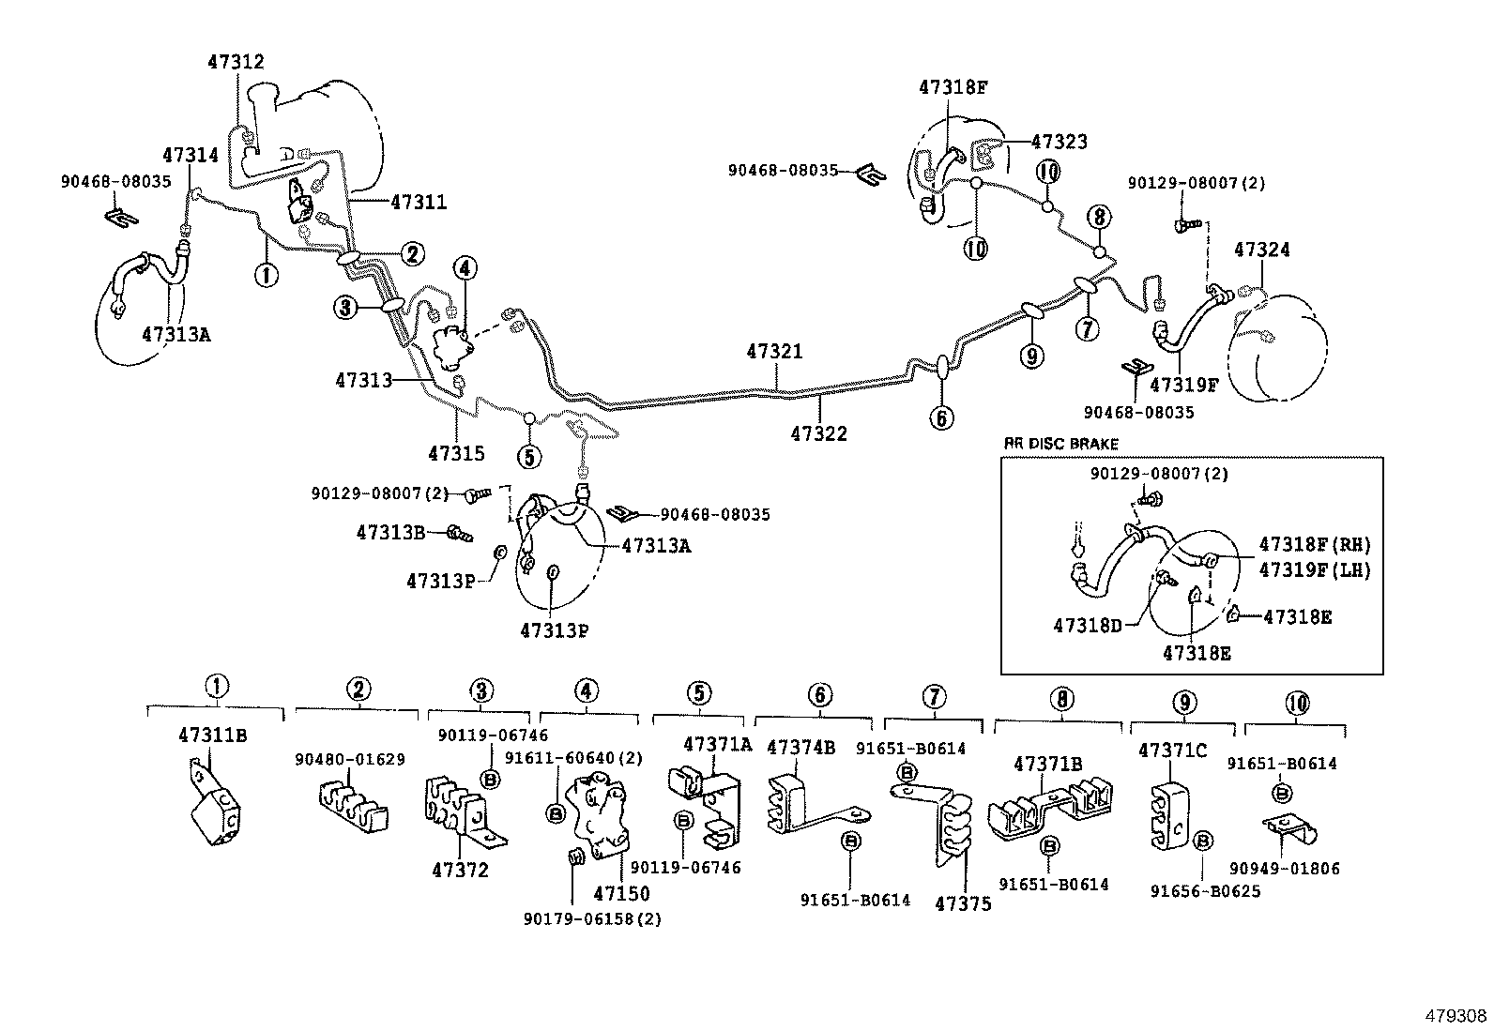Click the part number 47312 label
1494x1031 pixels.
236,62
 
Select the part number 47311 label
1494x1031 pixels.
419,201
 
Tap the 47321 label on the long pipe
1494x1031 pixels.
775,352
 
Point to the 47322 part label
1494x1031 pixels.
818,433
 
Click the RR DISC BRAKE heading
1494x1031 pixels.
1060,444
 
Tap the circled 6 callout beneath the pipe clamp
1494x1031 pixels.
941,417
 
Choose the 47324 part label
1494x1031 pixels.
1261,250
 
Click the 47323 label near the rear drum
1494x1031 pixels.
1059,142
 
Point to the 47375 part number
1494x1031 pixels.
963,904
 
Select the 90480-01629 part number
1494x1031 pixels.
350,759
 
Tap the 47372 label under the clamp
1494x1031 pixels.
460,870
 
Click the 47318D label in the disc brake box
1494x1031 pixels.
1087,626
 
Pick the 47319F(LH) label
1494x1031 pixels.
1315,569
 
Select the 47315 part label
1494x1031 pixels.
456,454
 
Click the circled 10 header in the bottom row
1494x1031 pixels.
1297,703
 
